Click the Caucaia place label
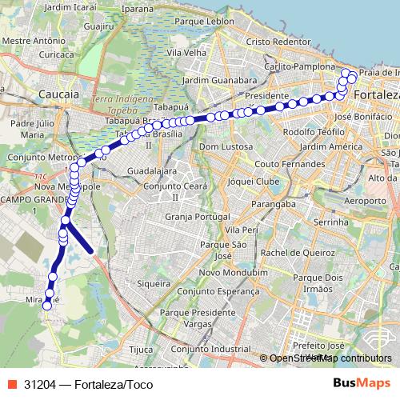(x=58, y=94)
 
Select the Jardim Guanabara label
(x=218, y=81)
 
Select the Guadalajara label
(x=151, y=170)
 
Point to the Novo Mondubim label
(x=233, y=272)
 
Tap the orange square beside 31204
(x=11, y=383)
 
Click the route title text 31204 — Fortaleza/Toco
(x=89, y=383)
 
